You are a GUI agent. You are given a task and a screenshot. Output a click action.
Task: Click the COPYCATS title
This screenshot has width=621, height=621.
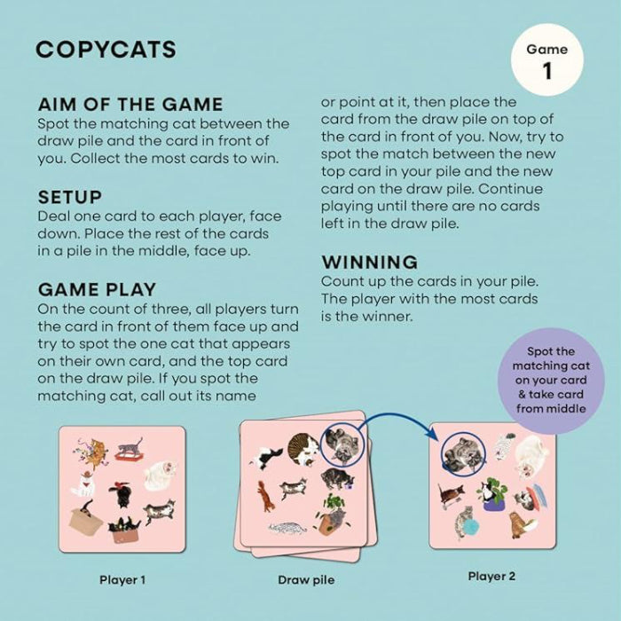tap(106, 49)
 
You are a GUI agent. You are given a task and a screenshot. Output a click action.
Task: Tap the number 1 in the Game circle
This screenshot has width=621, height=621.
tap(547, 72)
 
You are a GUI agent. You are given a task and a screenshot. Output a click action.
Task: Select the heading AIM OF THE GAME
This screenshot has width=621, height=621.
tap(130, 104)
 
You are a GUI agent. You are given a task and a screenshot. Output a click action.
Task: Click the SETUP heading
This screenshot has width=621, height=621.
tap(70, 196)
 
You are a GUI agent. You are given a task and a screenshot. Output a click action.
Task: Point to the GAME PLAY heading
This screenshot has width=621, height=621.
tap(97, 288)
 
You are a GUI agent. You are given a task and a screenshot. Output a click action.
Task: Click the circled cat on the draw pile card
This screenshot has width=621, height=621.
tap(342, 444)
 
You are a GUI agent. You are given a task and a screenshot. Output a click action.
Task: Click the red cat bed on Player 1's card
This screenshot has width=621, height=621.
tap(125, 456)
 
